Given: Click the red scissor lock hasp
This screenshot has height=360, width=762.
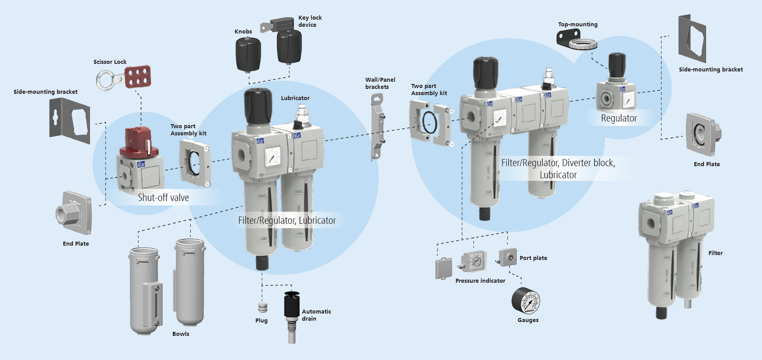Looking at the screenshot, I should click(x=138, y=77).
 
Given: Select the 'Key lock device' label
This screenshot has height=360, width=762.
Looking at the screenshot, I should click(x=310, y=21).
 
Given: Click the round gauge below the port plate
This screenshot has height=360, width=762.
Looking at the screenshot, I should click(x=526, y=301).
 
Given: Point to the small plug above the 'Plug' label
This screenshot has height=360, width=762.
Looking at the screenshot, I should click(x=263, y=307).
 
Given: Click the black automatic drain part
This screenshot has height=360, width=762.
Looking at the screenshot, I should click(x=292, y=306).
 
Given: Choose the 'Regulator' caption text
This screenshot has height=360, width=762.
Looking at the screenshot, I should click(x=619, y=118).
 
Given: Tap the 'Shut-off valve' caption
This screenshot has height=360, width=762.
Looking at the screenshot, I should click(x=163, y=197).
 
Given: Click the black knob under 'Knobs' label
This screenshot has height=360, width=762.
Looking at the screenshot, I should click(x=248, y=54).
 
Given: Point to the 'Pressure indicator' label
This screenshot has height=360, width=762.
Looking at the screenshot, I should click(x=480, y=281).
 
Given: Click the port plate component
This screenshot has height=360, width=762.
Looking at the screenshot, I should click(x=508, y=257).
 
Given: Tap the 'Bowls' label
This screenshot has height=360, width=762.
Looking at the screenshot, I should click(x=180, y=334).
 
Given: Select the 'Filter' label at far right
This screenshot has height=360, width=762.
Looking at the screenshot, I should click(x=715, y=253).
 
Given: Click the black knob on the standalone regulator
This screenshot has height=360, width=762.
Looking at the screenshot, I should click(x=617, y=65).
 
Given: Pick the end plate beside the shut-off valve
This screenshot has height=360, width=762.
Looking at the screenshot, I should click(x=74, y=213).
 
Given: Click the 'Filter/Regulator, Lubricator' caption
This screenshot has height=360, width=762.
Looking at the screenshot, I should click(x=287, y=221).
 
